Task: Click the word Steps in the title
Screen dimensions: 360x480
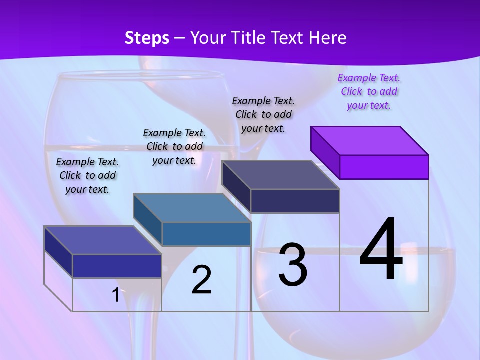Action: click(147, 38)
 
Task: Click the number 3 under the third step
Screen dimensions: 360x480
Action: click(293, 265)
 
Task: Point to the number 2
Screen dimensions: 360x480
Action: click(201, 280)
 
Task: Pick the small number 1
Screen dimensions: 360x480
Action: click(115, 295)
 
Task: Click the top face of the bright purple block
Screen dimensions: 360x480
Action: click(370, 140)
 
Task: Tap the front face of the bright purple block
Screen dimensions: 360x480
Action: click(384, 167)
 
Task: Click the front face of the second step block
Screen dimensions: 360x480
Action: click(206, 234)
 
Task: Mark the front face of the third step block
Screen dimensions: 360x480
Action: click(295, 201)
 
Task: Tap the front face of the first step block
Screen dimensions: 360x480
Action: click(117, 266)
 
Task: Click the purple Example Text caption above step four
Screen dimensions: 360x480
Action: click(369, 91)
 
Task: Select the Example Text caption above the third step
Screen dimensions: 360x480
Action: click(263, 114)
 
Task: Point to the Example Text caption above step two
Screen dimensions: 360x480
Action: click(174, 146)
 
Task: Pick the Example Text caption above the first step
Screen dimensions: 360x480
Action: click(87, 175)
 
